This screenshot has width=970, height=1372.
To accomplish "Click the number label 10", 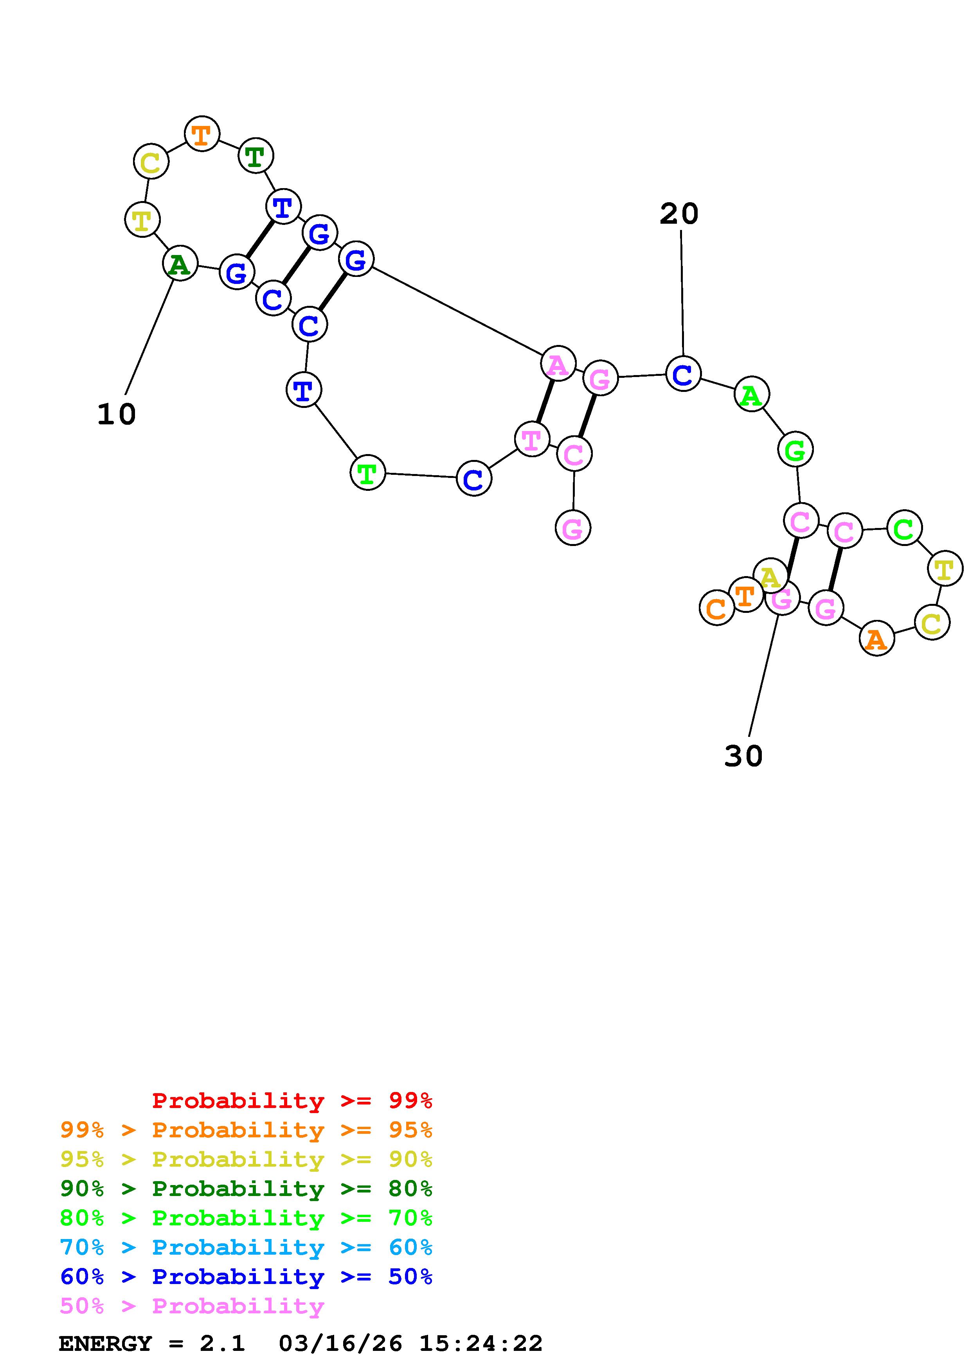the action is tap(117, 414).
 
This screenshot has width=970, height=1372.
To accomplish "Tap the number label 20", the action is tap(679, 213).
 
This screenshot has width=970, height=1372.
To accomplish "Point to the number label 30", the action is tap(743, 756).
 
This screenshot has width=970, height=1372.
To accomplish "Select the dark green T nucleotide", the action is tap(255, 156).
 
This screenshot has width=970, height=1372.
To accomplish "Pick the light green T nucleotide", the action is tap(367, 473).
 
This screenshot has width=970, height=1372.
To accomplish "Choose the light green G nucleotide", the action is tap(795, 449).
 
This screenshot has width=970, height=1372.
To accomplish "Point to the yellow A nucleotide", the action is tap(770, 576).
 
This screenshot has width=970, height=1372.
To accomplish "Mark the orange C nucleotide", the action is tap(716, 608).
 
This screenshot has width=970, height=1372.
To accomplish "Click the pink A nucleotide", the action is tap(558, 364).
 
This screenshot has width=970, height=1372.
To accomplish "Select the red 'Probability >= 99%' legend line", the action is tap(292, 1101).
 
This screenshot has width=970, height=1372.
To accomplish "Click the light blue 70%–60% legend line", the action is tap(246, 1248).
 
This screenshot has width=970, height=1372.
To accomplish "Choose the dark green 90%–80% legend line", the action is tap(246, 1189).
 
